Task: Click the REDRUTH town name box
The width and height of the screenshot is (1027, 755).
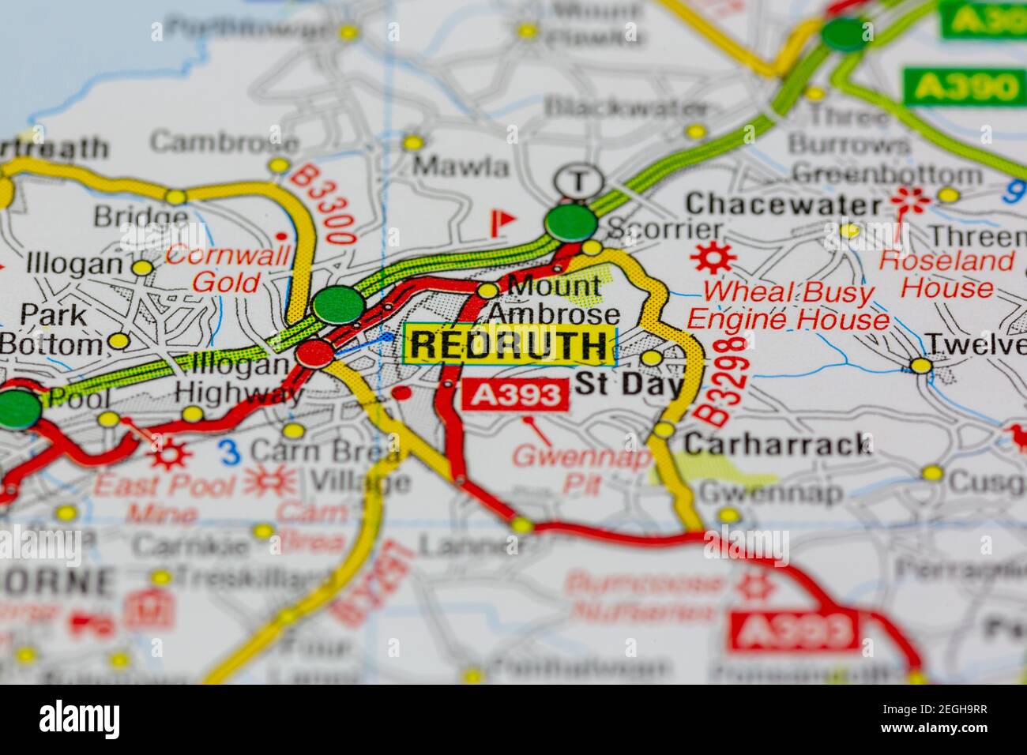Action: point(510,345)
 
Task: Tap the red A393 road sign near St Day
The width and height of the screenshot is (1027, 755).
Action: point(515,394)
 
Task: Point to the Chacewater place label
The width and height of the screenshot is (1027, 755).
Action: point(783,205)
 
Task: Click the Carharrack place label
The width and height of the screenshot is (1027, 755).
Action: point(777,444)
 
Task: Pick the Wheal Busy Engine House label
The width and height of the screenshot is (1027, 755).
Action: point(788,306)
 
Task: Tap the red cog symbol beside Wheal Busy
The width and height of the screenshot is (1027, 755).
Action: point(713,257)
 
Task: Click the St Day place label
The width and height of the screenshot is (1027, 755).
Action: point(629,385)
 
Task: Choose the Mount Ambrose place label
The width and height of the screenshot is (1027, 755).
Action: point(553,299)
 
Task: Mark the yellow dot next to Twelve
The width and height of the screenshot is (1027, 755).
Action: point(920,366)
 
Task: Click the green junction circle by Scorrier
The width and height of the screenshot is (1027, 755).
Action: point(571,223)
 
